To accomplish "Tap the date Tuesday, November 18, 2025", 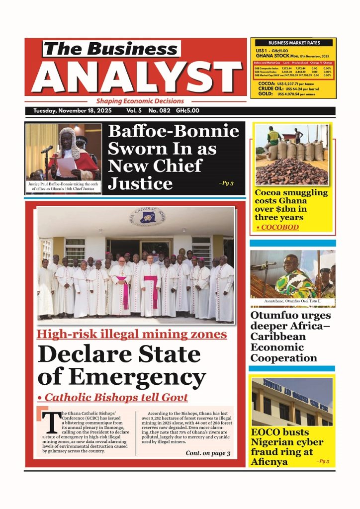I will click(73, 111).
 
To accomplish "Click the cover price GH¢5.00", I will click(188, 111).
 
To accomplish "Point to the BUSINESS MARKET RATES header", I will click(294, 43).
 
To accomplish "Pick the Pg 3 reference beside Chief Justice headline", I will click(225, 183).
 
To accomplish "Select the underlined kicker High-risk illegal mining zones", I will click(131, 334).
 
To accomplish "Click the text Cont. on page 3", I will click(208, 453).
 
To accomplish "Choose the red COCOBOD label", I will click(278, 227).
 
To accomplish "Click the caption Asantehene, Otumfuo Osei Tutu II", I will click(292, 302).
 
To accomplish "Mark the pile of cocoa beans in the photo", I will click(291, 171).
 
